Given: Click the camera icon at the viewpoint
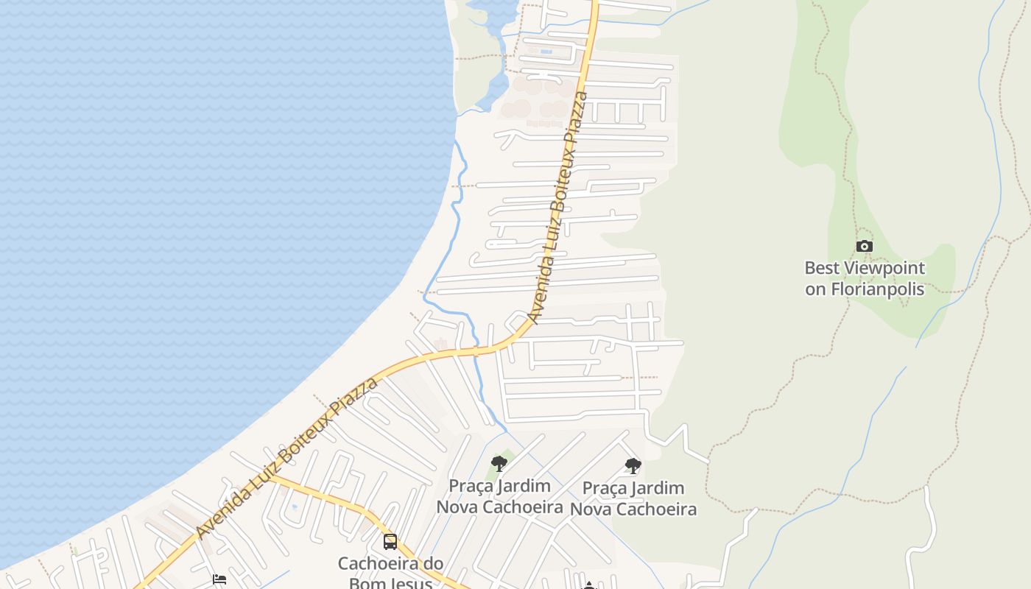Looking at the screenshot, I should pyautogui.click(x=865, y=247).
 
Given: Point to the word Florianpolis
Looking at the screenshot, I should pyautogui.click(x=878, y=289).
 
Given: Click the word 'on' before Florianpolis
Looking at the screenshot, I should pyautogui.click(x=815, y=289).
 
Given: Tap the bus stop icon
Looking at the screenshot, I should pyautogui.click(x=390, y=542).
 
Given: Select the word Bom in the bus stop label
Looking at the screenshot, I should pyautogui.click(x=366, y=583).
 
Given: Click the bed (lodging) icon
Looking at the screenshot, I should pyautogui.click(x=219, y=579).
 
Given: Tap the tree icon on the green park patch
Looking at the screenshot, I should pyautogui.click(x=499, y=464).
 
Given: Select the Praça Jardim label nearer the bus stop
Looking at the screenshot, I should pyautogui.click(x=500, y=496).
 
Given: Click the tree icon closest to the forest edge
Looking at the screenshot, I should pyautogui.click(x=633, y=465).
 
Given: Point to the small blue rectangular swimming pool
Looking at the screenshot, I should pyautogui.click(x=546, y=52).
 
